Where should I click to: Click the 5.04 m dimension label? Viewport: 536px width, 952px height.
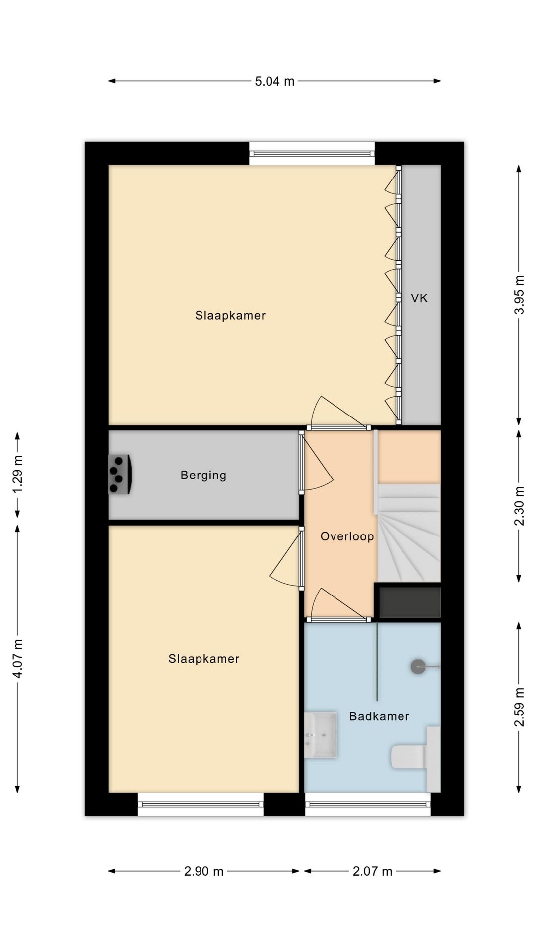(274, 81)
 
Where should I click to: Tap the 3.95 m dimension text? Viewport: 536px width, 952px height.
(519, 295)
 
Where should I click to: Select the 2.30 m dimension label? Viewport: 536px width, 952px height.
(519, 506)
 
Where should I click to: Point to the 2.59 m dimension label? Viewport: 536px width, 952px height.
(519, 707)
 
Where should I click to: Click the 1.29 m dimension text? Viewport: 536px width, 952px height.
(17, 475)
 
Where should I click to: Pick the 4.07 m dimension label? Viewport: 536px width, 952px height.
(17, 658)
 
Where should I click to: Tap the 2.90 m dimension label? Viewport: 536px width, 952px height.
(204, 871)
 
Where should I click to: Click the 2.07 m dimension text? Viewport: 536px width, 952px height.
(373, 871)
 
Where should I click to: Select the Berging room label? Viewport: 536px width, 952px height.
(203, 476)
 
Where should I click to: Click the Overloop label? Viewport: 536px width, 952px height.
(347, 536)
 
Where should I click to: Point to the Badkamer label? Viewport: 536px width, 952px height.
(379, 716)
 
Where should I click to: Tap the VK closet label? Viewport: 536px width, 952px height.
(419, 298)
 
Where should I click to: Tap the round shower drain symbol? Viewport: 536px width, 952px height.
(418, 667)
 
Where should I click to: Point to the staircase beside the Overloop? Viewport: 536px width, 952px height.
(409, 533)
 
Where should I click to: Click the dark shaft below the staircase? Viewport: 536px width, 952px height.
(410, 602)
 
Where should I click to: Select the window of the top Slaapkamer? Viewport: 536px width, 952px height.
(312, 154)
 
